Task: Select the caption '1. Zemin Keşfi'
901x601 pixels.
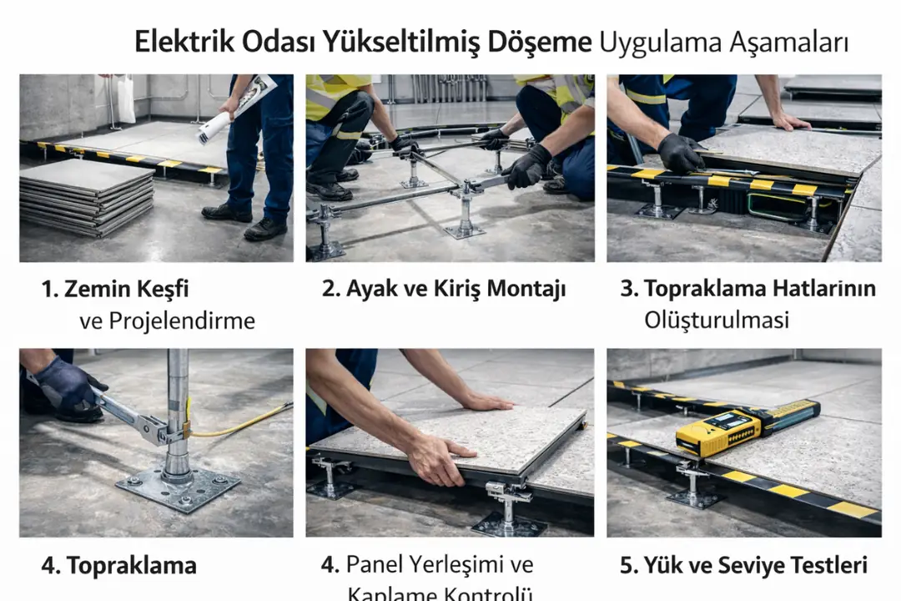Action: click(x=115, y=290)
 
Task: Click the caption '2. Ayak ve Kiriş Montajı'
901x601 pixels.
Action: click(x=444, y=290)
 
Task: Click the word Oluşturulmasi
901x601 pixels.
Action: click(x=716, y=320)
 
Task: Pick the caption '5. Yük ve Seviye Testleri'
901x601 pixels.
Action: click(x=743, y=565)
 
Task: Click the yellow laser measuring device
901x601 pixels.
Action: click(x=747, y=427)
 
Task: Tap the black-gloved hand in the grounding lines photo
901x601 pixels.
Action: click(x=680, y=153)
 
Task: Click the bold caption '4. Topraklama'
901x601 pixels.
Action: click(x=118, y=565)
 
